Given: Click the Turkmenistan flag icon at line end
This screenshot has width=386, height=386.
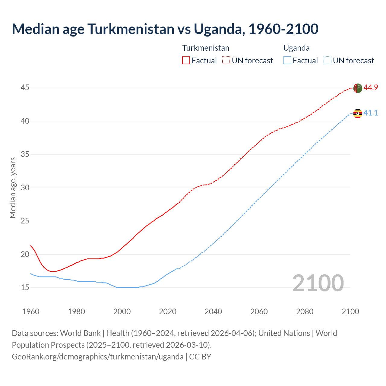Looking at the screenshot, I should [x=357, y=88].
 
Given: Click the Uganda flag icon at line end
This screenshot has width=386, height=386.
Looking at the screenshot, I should [x=357, y=113].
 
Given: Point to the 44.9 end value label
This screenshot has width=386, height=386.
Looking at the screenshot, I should [x=371, y=88].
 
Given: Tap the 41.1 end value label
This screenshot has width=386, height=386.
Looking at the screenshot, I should [x=371, y=113].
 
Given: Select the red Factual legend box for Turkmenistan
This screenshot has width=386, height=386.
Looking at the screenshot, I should [x=186, y=61].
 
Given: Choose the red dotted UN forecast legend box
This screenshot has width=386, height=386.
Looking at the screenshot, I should [x=226, y=61].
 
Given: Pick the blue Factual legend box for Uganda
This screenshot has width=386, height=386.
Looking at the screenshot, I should [x=287, y=61].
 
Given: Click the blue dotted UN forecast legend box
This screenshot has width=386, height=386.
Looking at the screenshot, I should [x=327, y=61].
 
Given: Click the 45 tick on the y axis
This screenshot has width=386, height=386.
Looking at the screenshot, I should [x=25, y=88].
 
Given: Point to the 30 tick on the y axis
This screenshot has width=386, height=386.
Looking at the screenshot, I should [x=25, y=188].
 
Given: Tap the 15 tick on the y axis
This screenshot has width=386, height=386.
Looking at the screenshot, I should [x=25, y=287].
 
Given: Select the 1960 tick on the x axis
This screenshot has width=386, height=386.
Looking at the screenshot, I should [x=31, y=312].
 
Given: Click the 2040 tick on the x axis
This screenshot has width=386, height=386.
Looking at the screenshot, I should [x=213, y=312].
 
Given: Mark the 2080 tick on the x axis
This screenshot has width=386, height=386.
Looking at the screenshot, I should [x=305, y=312].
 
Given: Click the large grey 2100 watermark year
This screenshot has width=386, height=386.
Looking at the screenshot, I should [x=318, y=283].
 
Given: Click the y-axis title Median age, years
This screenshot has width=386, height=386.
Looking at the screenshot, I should [x=13, y=188].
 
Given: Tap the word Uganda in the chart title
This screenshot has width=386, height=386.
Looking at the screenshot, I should [x=217, y=29].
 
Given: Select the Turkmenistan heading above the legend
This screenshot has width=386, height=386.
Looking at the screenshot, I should [x=206, y=48].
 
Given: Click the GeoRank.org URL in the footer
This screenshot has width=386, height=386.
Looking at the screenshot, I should [x=97, y=357].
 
